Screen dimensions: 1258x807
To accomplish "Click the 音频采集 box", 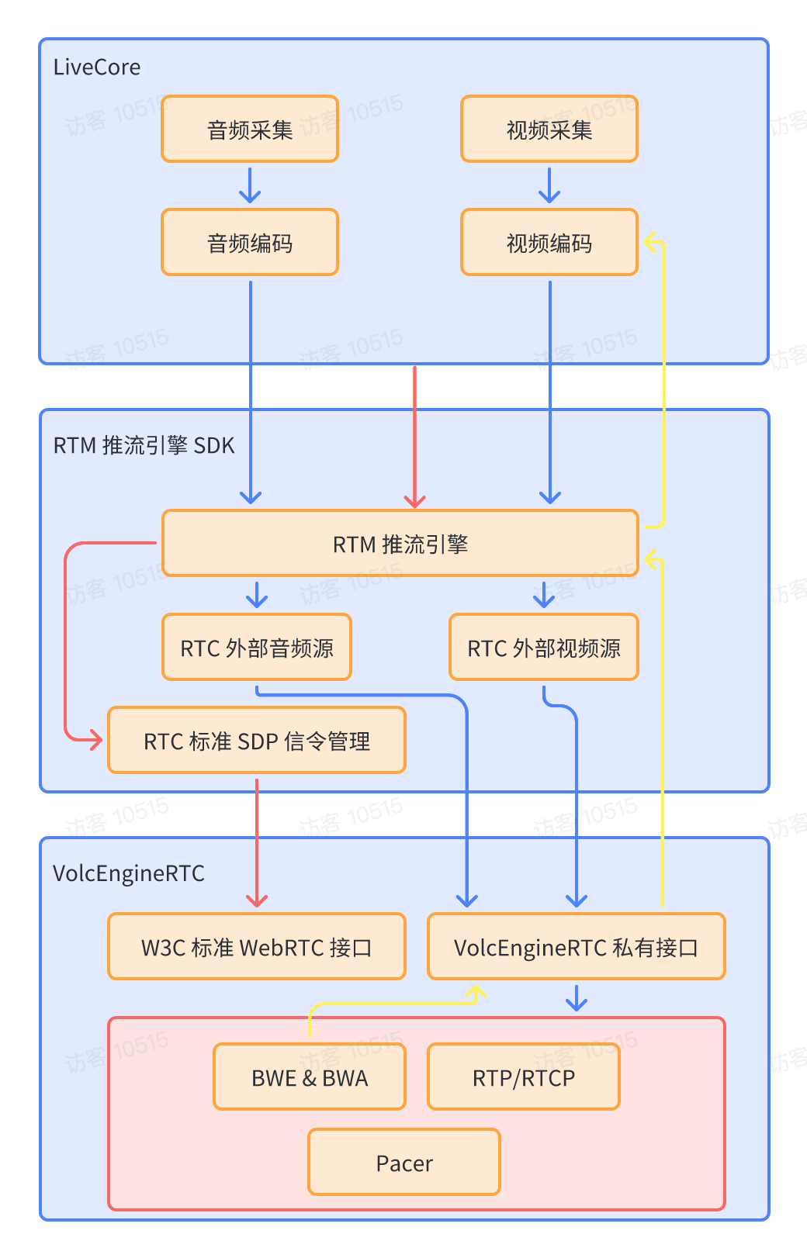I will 250,129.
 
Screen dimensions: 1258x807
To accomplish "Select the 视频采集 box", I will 549,129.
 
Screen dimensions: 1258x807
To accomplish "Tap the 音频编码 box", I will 250,242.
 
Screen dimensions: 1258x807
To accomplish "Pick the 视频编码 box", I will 549,242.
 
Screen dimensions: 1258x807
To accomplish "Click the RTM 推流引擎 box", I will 400,543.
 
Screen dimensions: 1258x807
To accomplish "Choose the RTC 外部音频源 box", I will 257,647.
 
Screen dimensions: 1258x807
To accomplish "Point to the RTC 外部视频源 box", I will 544,647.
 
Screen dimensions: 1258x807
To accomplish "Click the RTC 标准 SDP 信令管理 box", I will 257,740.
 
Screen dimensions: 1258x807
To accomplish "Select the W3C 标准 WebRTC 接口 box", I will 257,946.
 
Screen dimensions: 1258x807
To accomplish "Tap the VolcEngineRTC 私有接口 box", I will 577,946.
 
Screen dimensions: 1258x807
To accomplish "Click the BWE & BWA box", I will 310,1077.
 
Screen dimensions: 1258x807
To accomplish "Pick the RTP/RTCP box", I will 524,1077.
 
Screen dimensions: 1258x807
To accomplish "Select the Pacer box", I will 404,1162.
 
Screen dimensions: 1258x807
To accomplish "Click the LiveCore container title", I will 97,67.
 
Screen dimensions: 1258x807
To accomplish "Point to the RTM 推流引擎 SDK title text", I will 144,445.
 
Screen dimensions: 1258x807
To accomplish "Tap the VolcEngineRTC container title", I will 129,873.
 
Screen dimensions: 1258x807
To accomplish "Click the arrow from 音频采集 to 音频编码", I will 250,185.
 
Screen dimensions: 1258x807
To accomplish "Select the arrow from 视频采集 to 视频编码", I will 549,185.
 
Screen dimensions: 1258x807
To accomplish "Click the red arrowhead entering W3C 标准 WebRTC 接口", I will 257,900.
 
